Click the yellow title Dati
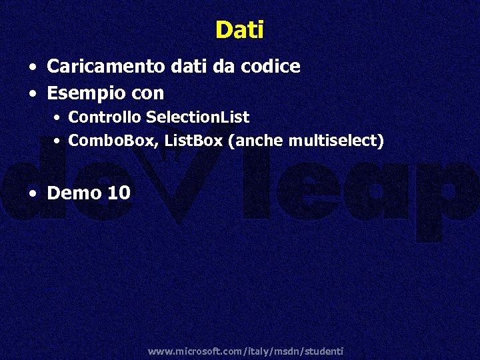point(240,30)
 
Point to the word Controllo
point(105,117)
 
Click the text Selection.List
point(197,117)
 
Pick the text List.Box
point(193,141)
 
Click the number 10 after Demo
point(119,193)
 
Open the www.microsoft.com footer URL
point(245,351)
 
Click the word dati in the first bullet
point(174,67)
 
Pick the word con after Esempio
point(148,93)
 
